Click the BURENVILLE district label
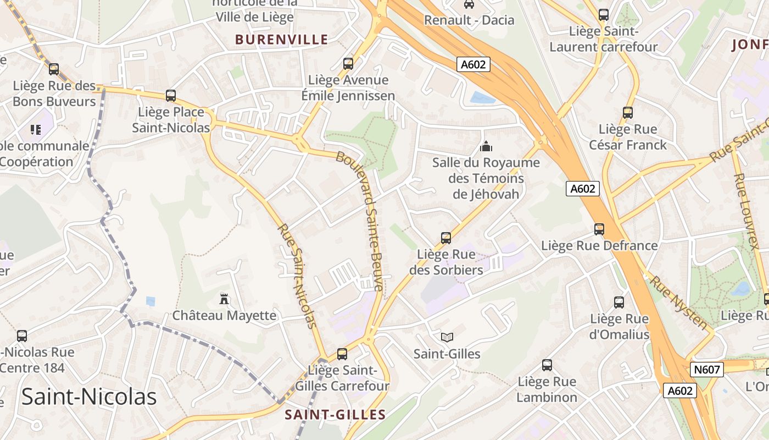pyautogui.click(x=282, y=40)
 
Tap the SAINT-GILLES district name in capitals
pyautogui.click(x=335, y=415)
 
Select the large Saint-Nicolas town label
pyautogui.click(x=89, y=396)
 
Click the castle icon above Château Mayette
pyautogui.click(x=224, y=299)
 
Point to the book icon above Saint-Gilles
pyautogui.click(x=447, y=337)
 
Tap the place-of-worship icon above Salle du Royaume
pyautogui.click(x=486, y=146)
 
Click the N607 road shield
pyautogui.click(x=706, y=370)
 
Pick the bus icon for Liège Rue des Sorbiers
pyautogui.click(x=446, y=238)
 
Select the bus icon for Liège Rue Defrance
pyautogui.click(x=599, y=229)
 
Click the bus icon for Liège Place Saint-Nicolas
pyautogui.click(x=171, y=96)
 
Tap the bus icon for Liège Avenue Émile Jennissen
pyautogui.click(x=348, y=64)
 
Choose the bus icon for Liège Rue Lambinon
pyautogui.click(x=547, y=365)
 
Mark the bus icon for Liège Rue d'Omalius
pyautogui.click(x=619, y=302)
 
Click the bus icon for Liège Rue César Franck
pyautogui.click(x=628, y=113)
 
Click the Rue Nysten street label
pyautogui.click(x=679, y=303)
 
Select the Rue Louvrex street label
pyautogui.click(x=746, y=212)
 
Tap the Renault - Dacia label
pyautogui.click(x=469, y=20)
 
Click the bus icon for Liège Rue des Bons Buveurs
pyautogui.click(x=54, y=69)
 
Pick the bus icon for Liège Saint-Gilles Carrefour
pyautogui.click(x=342, y=354)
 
